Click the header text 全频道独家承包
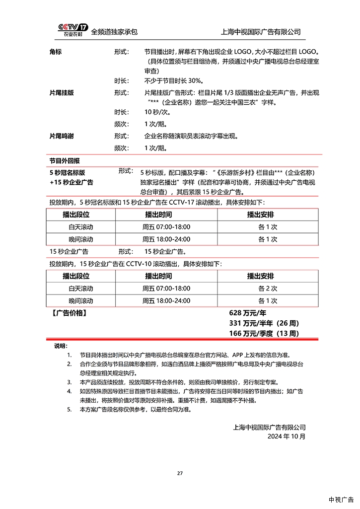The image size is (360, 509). (114, 32)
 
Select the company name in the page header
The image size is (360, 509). (261, 32)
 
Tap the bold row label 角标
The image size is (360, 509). (56, 52)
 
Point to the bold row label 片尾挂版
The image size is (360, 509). (62, 93)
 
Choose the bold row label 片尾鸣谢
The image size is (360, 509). (62, 136)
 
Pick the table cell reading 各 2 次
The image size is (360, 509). (267, 289)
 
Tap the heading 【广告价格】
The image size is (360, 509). (69, 313)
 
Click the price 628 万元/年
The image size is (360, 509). (248, 313)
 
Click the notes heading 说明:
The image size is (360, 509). (60, 346)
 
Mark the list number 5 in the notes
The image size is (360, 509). (69, 410)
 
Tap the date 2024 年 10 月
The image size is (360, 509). (287, 436)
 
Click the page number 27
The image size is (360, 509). (180, 473)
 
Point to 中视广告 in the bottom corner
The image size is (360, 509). (341, 499)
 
